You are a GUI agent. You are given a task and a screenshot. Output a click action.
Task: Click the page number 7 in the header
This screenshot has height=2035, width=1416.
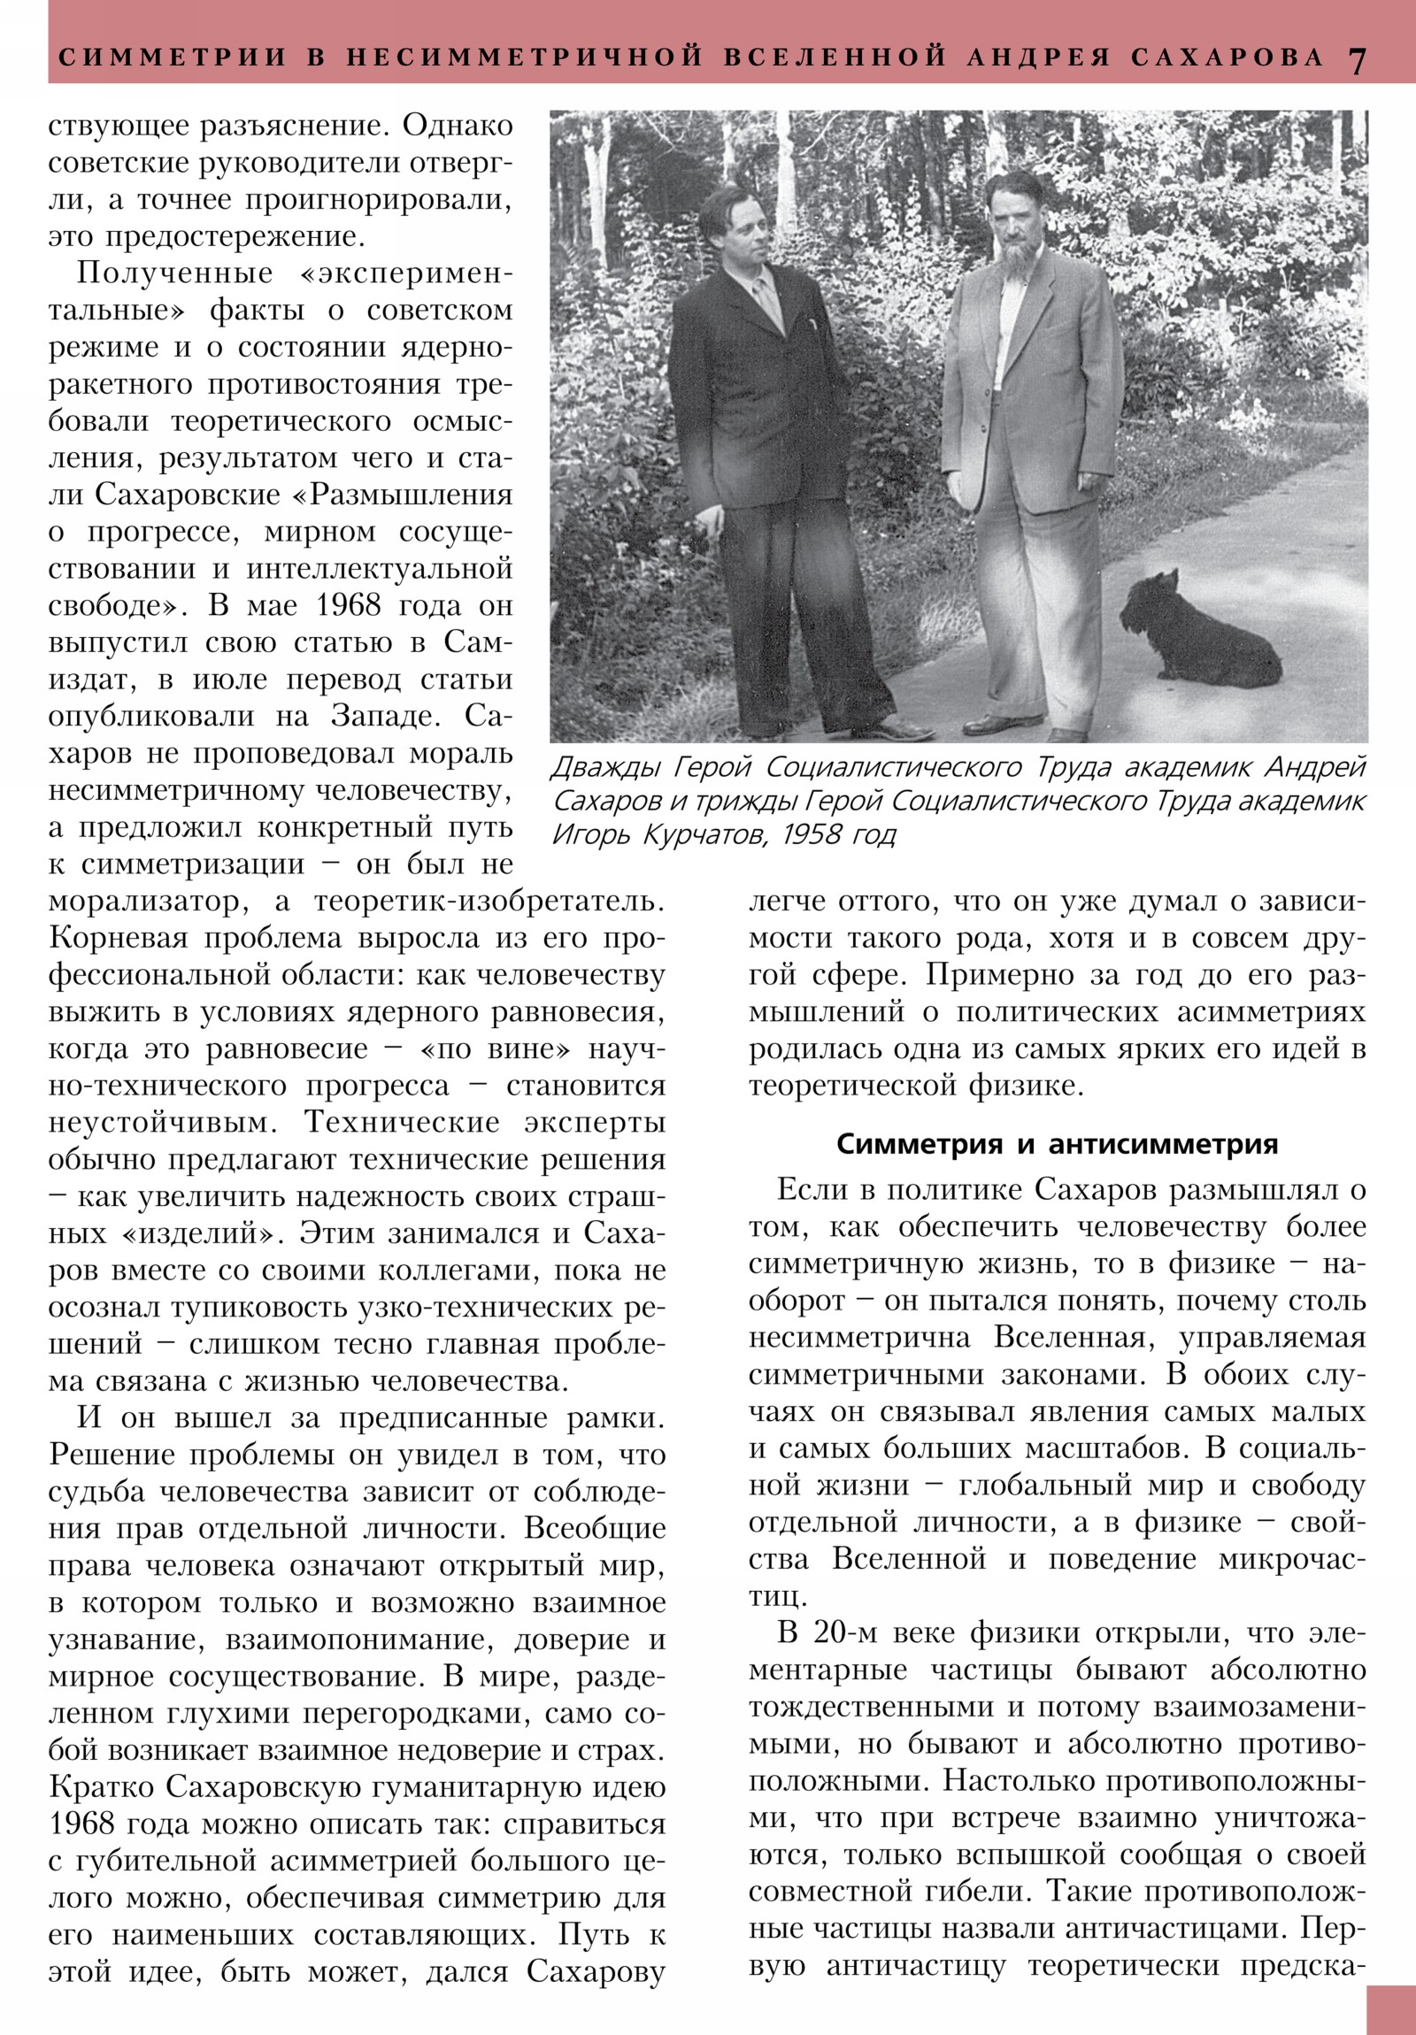pyautogui.click(x=1358, y=59)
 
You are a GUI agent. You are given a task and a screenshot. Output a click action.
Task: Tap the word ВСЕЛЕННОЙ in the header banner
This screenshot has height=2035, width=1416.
pyautogui.click(x=835, y=58)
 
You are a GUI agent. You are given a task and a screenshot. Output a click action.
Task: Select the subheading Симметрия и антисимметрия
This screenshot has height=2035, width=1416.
pyautogui.click(x=1057, y=1144)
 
